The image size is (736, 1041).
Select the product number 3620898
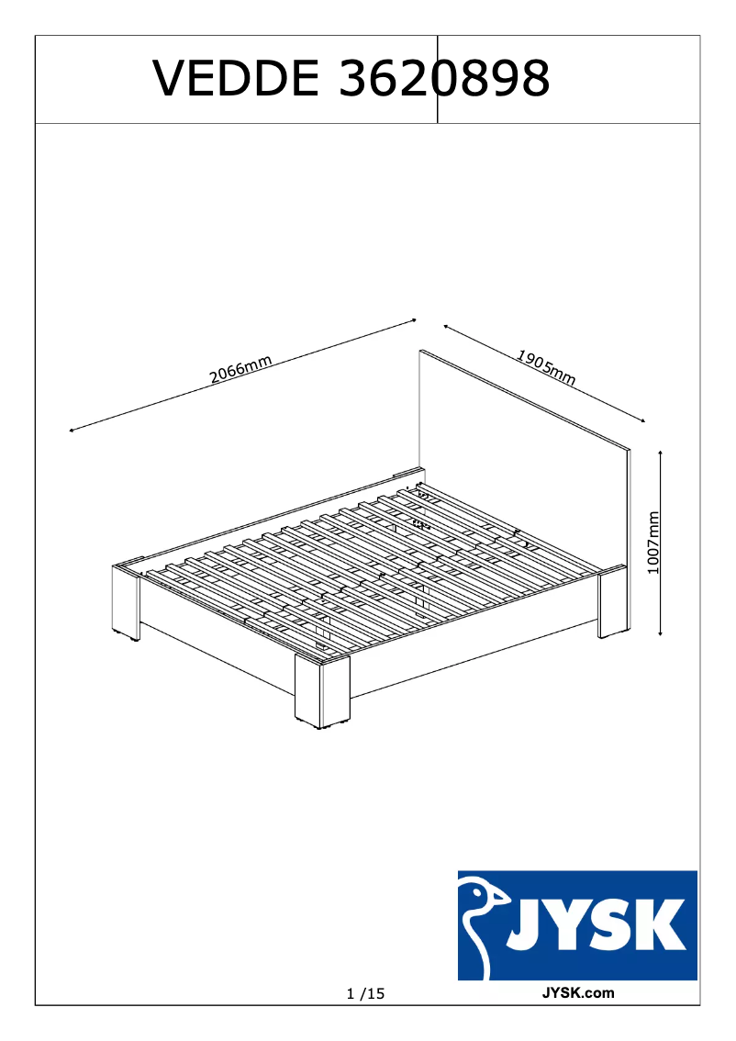(445, 79)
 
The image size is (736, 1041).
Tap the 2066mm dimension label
(240, 371)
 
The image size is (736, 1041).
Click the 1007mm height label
(653, 543)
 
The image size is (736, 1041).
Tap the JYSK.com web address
(578, 992)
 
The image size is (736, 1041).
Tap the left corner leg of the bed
(126, 601)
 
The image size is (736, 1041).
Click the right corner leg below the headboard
(613, 604)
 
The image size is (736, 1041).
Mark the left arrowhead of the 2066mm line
(71, 431)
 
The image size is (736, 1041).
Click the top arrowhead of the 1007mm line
(661, 452)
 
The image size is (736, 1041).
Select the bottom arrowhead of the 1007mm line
(661, 634)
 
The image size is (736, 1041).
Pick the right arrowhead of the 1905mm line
(643, 420)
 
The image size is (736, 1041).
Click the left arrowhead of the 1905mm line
(445, 325)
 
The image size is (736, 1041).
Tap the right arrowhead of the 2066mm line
(414, 320)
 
